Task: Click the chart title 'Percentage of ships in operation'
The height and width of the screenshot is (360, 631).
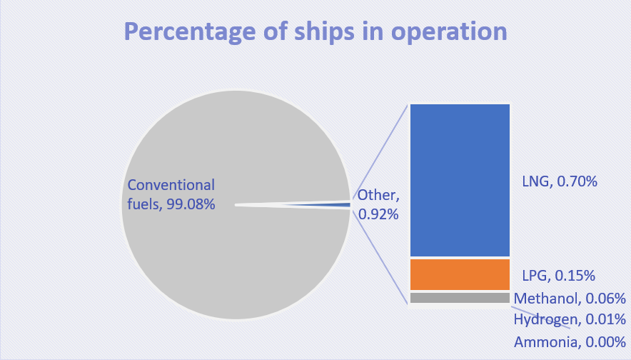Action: tap(315, 32)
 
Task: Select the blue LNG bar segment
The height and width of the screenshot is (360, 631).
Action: tap(460, 180)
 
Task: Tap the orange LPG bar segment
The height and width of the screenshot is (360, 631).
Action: tap(460, 274)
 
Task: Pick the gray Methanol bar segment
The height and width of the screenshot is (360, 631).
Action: tap(460, 298)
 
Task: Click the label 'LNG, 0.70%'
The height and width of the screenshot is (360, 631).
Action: tap(559, 181)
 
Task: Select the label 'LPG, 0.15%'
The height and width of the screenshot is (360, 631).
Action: tap(558, 275)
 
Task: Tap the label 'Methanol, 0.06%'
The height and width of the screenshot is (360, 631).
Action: tap(570, 299)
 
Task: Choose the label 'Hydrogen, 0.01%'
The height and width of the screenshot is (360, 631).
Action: tap(570, 319)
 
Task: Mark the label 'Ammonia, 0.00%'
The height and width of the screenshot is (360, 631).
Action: tap(570, 341)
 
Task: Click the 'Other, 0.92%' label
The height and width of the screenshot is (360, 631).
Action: tap(377, 204)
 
